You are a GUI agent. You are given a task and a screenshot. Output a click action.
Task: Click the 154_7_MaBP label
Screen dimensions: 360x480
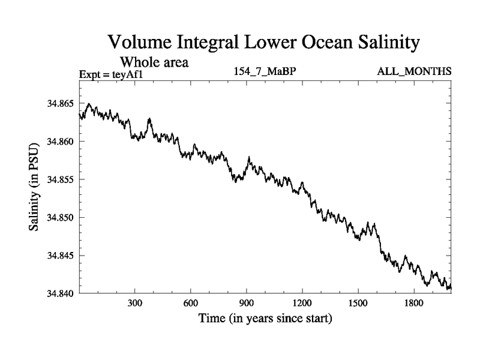(x=265, y=72)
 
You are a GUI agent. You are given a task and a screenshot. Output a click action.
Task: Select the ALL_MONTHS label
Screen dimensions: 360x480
(x=414, y=72)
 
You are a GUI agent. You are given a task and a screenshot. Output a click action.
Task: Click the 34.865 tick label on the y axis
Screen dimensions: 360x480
(x=60, y=104)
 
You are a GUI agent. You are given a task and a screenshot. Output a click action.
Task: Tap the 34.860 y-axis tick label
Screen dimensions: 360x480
(x=60, y=142)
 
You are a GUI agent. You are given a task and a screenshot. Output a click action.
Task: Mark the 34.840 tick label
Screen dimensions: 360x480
(x=60, y=293)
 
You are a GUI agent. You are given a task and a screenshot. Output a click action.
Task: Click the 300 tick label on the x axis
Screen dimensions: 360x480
(x=135, y=304)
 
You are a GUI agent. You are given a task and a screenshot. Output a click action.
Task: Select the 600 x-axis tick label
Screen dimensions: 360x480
(x=191, y=304)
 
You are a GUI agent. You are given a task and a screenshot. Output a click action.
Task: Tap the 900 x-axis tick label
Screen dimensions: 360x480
(x=247, y=304)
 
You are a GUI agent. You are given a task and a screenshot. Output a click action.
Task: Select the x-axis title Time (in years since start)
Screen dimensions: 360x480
(x=265, y=318)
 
